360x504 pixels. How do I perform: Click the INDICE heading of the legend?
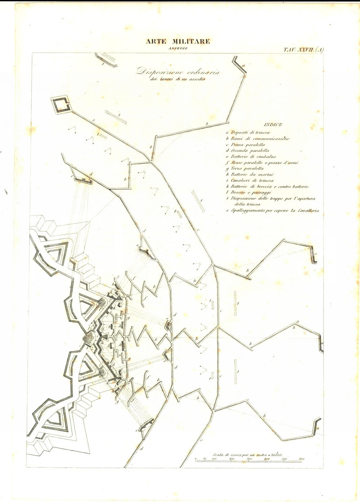tap(273, 125)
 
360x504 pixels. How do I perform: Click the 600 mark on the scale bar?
tap(301, 459)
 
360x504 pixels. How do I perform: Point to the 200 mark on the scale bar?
tap(231, 459)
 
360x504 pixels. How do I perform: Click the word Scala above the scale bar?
tap(219, 454)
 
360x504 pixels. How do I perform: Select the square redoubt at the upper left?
tap(62, 105)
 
